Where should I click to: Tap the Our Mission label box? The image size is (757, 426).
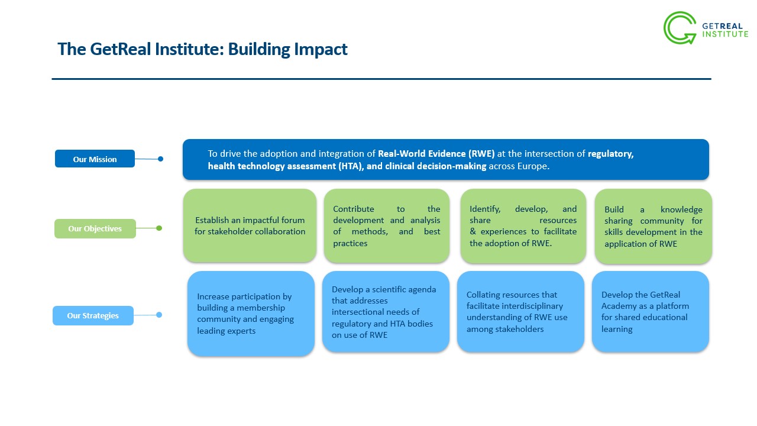pos(95,159)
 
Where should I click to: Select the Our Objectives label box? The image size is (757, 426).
pos(95,229)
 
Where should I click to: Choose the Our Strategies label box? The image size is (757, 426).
pos(93,316)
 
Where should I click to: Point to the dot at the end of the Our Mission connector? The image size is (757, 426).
pos(160,159)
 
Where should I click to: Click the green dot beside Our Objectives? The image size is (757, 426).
pos(159,228)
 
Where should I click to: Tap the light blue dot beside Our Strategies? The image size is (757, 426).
pos(159,315)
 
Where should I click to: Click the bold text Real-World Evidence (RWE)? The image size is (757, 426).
pos(436,154)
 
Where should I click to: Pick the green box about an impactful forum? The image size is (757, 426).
pos(250,225)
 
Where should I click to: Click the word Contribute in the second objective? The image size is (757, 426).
pos(354,209)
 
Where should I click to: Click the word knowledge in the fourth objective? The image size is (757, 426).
pos(681,210)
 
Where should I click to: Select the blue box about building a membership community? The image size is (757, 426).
pos(251,314)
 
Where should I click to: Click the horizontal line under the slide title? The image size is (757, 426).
pos(381,79)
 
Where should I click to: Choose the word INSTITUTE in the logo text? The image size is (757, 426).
pos(725,34)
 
